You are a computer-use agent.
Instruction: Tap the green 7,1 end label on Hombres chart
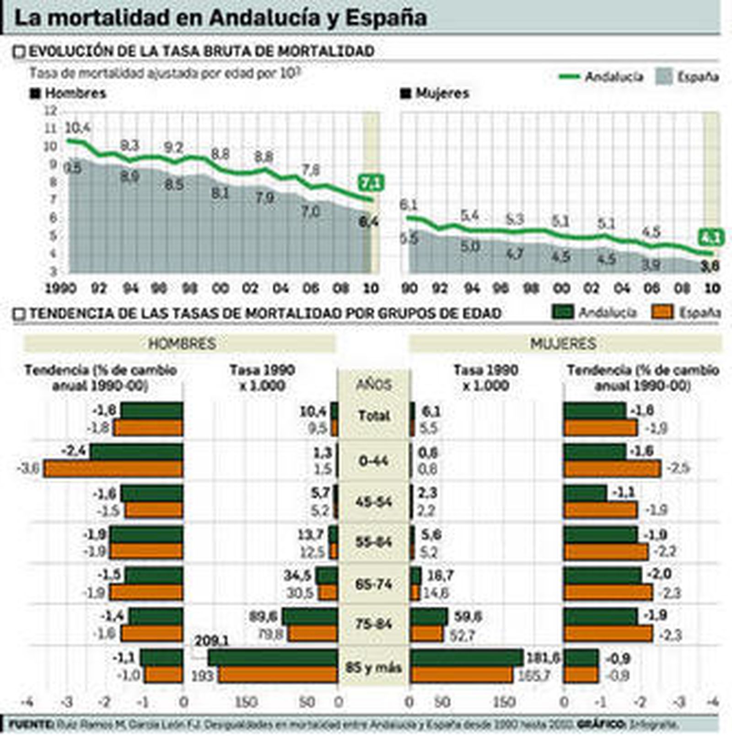371,183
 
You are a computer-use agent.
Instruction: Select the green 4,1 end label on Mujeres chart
710,238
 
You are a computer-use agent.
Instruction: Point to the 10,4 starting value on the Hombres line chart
77,128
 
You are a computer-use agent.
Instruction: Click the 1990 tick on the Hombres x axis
61,288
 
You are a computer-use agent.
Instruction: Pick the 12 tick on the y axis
51,111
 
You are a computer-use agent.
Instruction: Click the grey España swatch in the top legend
664,76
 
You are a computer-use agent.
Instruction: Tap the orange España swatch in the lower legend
662,312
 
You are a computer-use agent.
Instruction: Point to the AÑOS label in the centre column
374,384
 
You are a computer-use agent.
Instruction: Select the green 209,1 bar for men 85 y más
273,658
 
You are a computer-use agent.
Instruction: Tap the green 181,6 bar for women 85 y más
467,658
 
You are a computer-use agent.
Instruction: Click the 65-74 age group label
374,584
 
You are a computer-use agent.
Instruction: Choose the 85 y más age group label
374,667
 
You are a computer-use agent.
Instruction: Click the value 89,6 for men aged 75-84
264,617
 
